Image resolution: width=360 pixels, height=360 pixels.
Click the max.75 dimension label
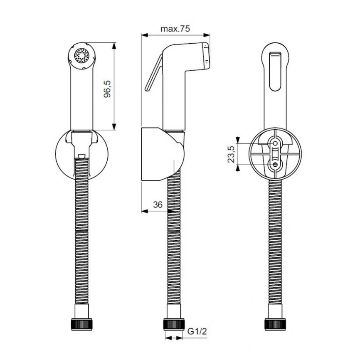[x=175, y=29]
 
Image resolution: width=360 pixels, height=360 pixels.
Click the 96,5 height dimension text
[x=107, y=89]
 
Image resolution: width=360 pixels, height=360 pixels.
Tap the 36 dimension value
[x=158, y=205]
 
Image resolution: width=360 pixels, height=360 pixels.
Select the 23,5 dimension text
[x=231, y=154]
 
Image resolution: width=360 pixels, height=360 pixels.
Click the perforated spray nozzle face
[x=81, y=55]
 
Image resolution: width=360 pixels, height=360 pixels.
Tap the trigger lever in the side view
[x=154, y=74]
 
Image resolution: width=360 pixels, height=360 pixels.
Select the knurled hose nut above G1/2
[x=174, y=324]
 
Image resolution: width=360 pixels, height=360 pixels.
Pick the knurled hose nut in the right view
[x=275, y=324]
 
